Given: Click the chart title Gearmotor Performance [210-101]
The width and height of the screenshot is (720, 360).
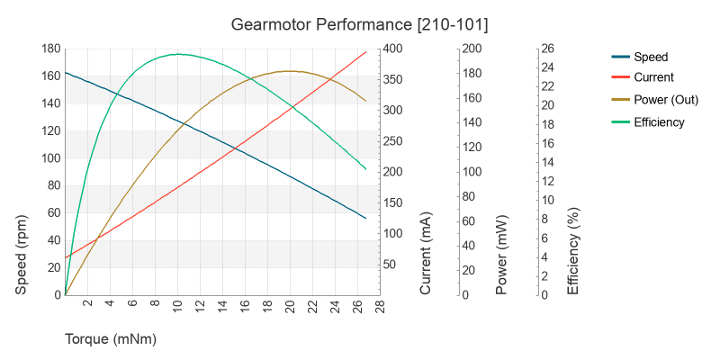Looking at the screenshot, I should point(360,22).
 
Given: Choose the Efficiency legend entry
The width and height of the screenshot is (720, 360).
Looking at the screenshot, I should point(659,121).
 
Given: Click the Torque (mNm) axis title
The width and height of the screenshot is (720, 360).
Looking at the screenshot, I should point(111,340).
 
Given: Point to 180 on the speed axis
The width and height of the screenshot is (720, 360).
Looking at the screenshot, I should point(49,49).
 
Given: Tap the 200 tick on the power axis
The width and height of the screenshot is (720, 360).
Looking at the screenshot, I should point(472,49).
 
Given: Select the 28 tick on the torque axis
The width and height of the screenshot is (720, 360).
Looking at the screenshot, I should point(381,308).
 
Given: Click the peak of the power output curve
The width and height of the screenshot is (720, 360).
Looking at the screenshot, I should point(290,71).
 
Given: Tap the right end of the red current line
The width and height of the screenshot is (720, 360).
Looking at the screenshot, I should point(366,51).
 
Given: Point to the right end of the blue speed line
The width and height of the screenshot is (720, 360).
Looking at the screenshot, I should point(366,219).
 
